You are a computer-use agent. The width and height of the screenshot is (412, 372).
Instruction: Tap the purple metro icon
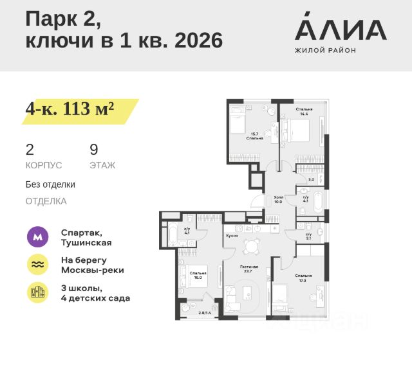37,237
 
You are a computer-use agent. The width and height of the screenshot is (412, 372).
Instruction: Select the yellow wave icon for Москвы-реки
37,265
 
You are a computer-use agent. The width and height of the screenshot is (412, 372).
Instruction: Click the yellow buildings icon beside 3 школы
37,292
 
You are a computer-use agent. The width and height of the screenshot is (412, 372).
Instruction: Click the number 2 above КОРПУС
30,150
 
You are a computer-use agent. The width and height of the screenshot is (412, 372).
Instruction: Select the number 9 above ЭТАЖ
94,150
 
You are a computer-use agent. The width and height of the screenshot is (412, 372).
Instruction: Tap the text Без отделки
50,184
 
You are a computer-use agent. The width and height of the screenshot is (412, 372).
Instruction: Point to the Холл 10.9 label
279,199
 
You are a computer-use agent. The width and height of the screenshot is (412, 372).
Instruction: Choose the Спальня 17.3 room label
304,278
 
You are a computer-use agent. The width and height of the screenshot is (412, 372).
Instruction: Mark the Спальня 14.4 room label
304,112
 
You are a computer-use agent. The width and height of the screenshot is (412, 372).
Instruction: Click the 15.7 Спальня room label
254,136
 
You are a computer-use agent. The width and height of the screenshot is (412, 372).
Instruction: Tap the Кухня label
232,236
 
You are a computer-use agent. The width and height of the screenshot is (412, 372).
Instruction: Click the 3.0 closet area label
311,180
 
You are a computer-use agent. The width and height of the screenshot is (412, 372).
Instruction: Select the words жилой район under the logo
325,50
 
